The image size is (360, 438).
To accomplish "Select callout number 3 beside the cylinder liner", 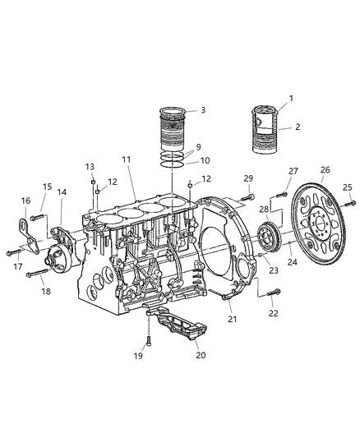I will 202,109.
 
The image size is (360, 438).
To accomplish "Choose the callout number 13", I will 91,166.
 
